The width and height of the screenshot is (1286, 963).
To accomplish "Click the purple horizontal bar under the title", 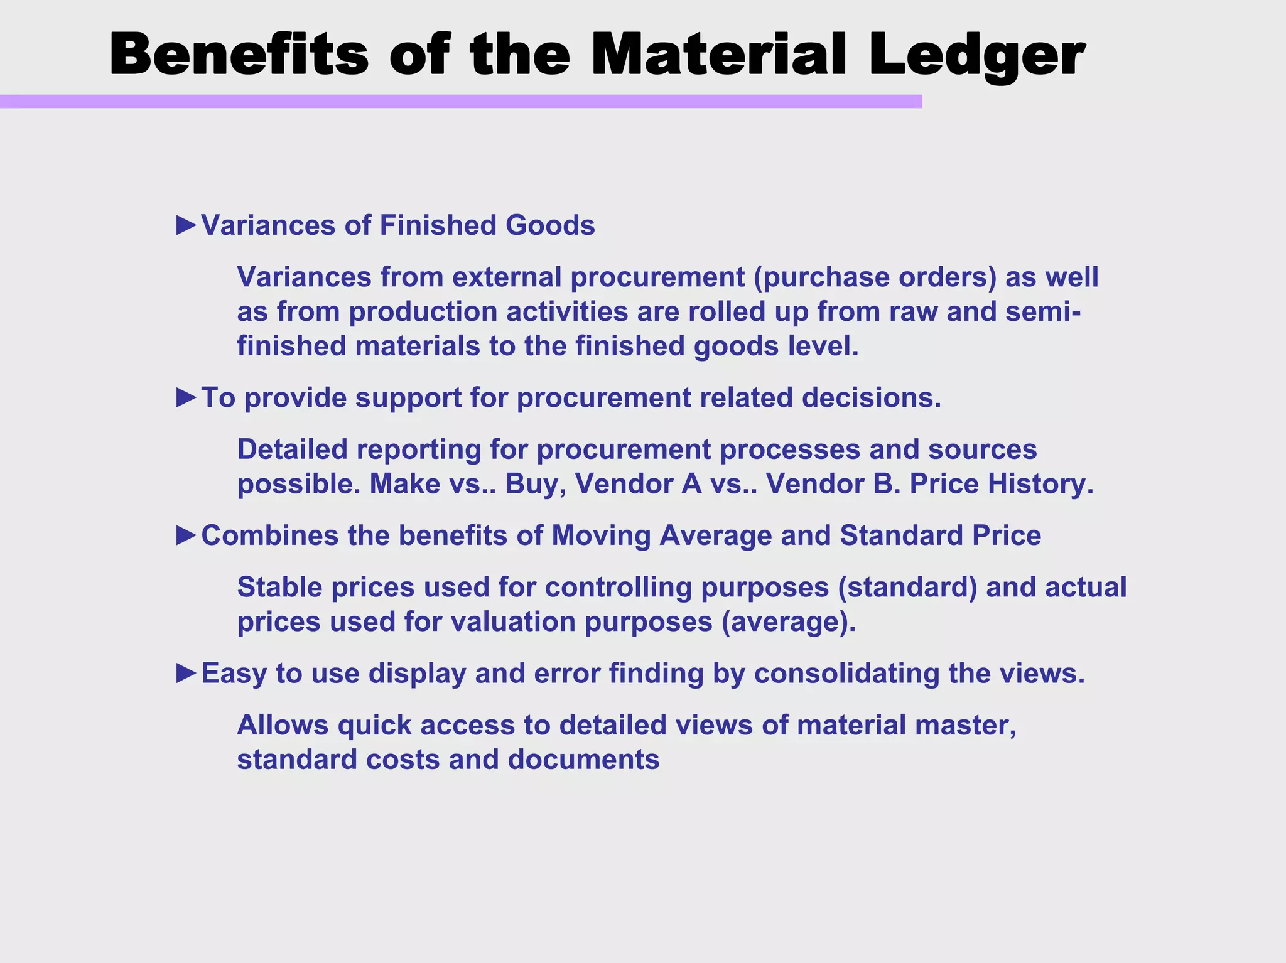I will (461, 102).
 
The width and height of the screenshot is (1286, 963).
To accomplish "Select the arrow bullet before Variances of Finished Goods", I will (186, 225).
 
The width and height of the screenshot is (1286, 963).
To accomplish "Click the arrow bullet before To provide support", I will (186, 397).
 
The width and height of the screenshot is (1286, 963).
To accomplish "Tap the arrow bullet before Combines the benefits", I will (186, 535).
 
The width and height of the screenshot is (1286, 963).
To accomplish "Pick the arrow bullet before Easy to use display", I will (186, 673).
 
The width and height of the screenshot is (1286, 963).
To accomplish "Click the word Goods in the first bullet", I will (550, 225).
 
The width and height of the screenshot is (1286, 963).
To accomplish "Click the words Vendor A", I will (638, 484).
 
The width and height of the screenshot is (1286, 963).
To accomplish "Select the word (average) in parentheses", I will (789, 622).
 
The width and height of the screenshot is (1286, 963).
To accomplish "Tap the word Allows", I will (283, 725).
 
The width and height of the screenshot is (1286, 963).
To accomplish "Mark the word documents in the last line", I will (583, 760).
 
